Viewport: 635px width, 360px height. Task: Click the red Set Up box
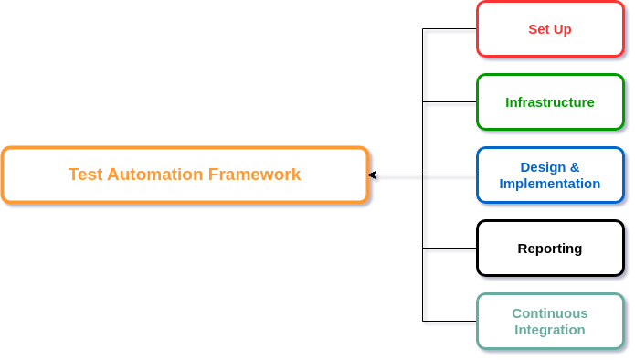[550, 29]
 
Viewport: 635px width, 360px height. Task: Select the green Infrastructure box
[550, 102]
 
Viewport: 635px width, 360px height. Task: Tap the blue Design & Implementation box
[550, 175]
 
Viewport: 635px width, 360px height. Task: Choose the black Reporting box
[550, 249]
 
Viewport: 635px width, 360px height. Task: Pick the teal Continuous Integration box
[550, 321]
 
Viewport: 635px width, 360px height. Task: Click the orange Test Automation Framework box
[185, 175]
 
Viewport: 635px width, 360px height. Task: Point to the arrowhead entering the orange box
[374, 175]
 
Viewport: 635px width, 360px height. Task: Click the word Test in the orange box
[85, 175]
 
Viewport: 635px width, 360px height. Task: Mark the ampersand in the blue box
[575, 167]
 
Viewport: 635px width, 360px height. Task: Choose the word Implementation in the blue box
[550, 184]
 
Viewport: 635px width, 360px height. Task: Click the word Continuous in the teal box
[550, 313]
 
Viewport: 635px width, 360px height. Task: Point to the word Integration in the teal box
[550, 330]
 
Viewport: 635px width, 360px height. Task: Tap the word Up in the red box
[561, 29]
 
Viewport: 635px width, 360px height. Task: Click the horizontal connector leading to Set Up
[450, 32]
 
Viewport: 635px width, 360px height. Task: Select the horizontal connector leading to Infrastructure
[450, 104]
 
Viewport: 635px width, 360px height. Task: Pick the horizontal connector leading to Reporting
[450, 249]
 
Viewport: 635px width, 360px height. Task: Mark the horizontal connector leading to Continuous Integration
[450, 323]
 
